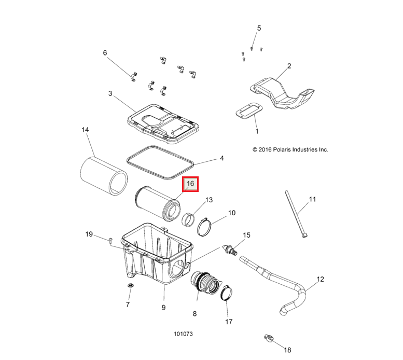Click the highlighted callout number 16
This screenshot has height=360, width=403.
(x=190, y=184)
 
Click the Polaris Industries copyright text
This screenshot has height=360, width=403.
(x=290, y=149)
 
